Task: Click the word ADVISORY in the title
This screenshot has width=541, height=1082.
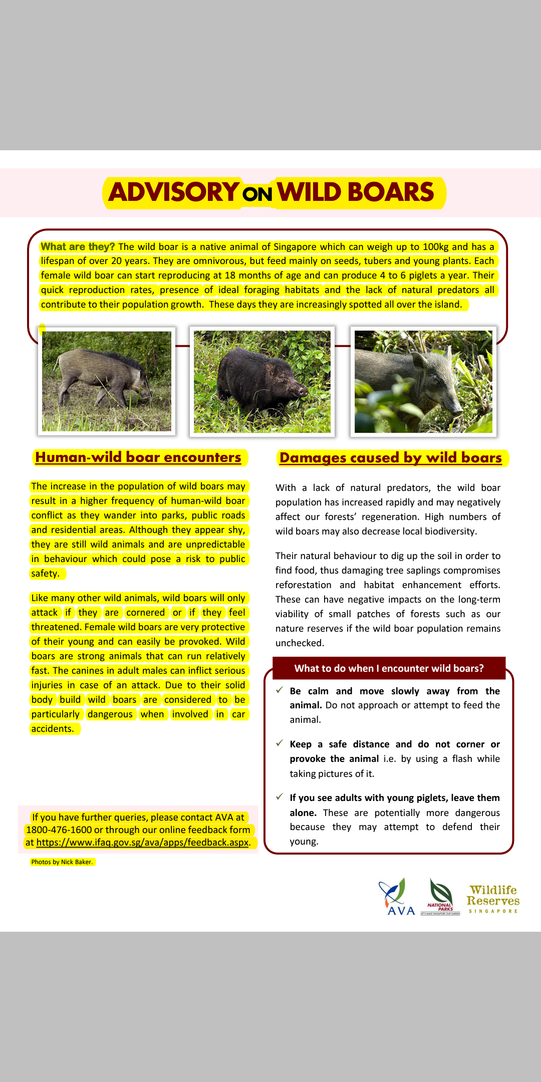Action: [x=173, y=192]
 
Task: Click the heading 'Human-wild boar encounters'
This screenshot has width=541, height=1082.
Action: [x=138, y=457]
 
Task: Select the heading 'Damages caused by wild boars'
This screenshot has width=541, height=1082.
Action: [x=391, y=458]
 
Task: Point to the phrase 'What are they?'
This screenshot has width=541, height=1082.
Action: [x=78, y=246]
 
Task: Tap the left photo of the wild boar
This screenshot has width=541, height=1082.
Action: [x=107, y=381]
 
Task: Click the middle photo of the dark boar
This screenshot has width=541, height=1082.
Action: [x=262, y=382]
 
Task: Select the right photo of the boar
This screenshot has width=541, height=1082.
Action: [x=423, y=382]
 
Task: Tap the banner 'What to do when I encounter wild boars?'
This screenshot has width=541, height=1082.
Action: [x=389, y=668]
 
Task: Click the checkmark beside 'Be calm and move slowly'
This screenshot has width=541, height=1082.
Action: [x=280, y=690]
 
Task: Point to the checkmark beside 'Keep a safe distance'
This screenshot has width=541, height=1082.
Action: [x=280, y=743]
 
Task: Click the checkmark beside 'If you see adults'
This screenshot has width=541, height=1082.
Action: [x=280, y=797]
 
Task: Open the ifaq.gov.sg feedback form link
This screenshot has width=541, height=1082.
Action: [x=143, y=843]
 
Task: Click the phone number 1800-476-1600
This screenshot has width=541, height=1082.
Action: [x=59, y=830]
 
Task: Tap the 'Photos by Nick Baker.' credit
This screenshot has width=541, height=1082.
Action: [x=62, y=862]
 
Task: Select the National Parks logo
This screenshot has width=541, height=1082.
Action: [x=441, y=898]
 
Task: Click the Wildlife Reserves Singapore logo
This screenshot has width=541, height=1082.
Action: [x=493, y=899]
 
